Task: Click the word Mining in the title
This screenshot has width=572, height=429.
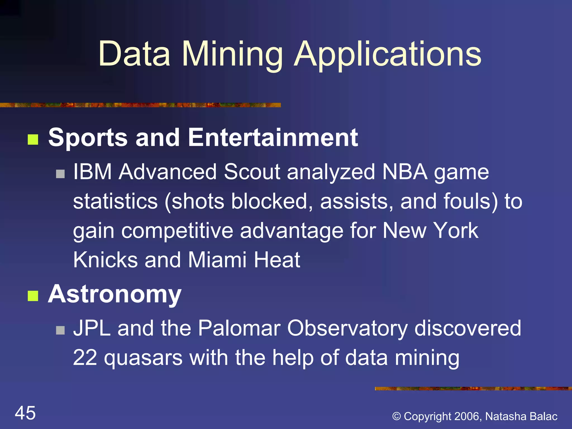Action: tap(232, 54)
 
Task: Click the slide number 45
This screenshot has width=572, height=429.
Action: tap(25, 413)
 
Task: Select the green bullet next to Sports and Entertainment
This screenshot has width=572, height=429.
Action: tap(33, 140)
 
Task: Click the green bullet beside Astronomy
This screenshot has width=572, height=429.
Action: tap(33, 296)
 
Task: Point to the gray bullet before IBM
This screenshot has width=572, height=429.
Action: tap(60, 174)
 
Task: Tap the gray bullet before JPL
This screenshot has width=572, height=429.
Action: tap(60, 330)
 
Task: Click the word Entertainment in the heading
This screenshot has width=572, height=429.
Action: tap(273, 137)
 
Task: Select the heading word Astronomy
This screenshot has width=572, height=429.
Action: tap(115, 295)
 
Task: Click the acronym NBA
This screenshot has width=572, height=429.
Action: tap(405, 172)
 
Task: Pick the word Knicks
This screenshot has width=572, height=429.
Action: tap(106, 260)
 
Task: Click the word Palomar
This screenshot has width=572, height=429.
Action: tap(239, 328)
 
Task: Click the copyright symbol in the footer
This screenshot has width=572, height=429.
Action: tap(397, 416)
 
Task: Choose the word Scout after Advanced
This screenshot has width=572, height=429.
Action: tap(252, 172)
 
